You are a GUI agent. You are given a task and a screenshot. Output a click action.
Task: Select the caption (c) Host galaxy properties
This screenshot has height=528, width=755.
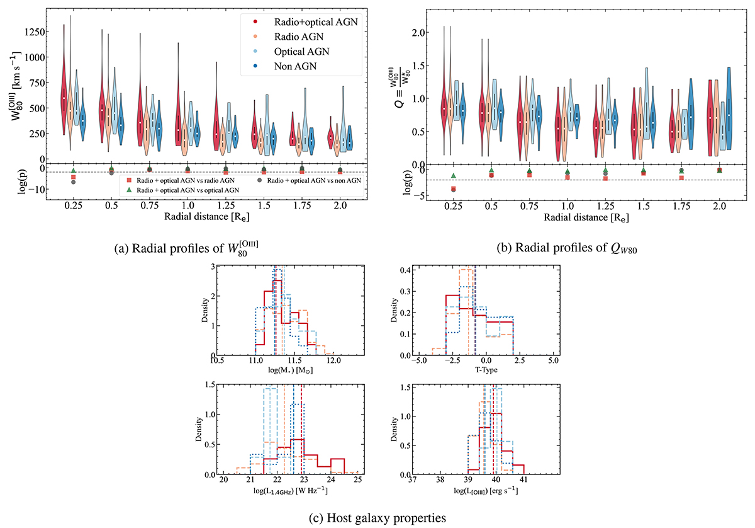coord(377,518)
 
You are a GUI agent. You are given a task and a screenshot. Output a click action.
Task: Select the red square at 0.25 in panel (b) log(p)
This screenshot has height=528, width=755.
coord(453,188)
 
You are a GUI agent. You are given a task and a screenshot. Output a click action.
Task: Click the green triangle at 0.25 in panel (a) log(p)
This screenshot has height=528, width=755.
coord(73,171)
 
